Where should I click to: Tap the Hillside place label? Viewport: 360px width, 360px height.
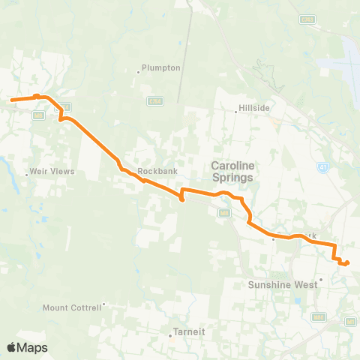tap(255, 108)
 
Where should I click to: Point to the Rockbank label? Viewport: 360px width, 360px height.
tap(157, 171)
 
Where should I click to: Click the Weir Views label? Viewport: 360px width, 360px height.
tap(52, 172)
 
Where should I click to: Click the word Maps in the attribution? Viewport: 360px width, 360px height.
tap(33, 347)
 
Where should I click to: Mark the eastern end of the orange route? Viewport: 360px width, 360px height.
tap(347, 262)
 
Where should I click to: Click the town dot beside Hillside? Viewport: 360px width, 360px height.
tap(236, 112)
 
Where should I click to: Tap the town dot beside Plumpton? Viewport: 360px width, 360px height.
tap(139, 72)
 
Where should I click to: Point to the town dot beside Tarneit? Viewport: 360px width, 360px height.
tap(170, 335)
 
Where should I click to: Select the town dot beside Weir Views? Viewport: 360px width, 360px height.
tap(27, 175)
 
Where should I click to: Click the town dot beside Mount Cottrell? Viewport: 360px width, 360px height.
tap(104, 304)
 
